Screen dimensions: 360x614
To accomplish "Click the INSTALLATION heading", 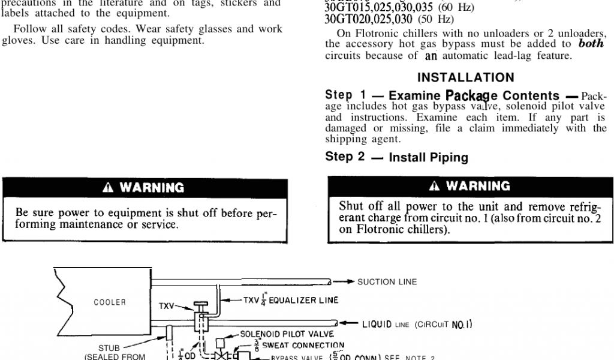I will point(465,77).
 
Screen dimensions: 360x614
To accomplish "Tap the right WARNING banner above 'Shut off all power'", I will point(471,186).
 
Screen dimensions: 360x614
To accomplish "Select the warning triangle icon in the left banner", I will point(108,188).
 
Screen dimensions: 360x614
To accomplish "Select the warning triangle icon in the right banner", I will point(434,186).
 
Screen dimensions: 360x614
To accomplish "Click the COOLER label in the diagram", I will point(110,302).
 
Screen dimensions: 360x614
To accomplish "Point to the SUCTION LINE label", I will point(387,281).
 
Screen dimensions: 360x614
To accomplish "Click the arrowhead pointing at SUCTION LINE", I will point(348,281).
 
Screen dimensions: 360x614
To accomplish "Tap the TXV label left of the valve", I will point(167,305).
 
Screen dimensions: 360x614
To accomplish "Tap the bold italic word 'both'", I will point(591,44).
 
